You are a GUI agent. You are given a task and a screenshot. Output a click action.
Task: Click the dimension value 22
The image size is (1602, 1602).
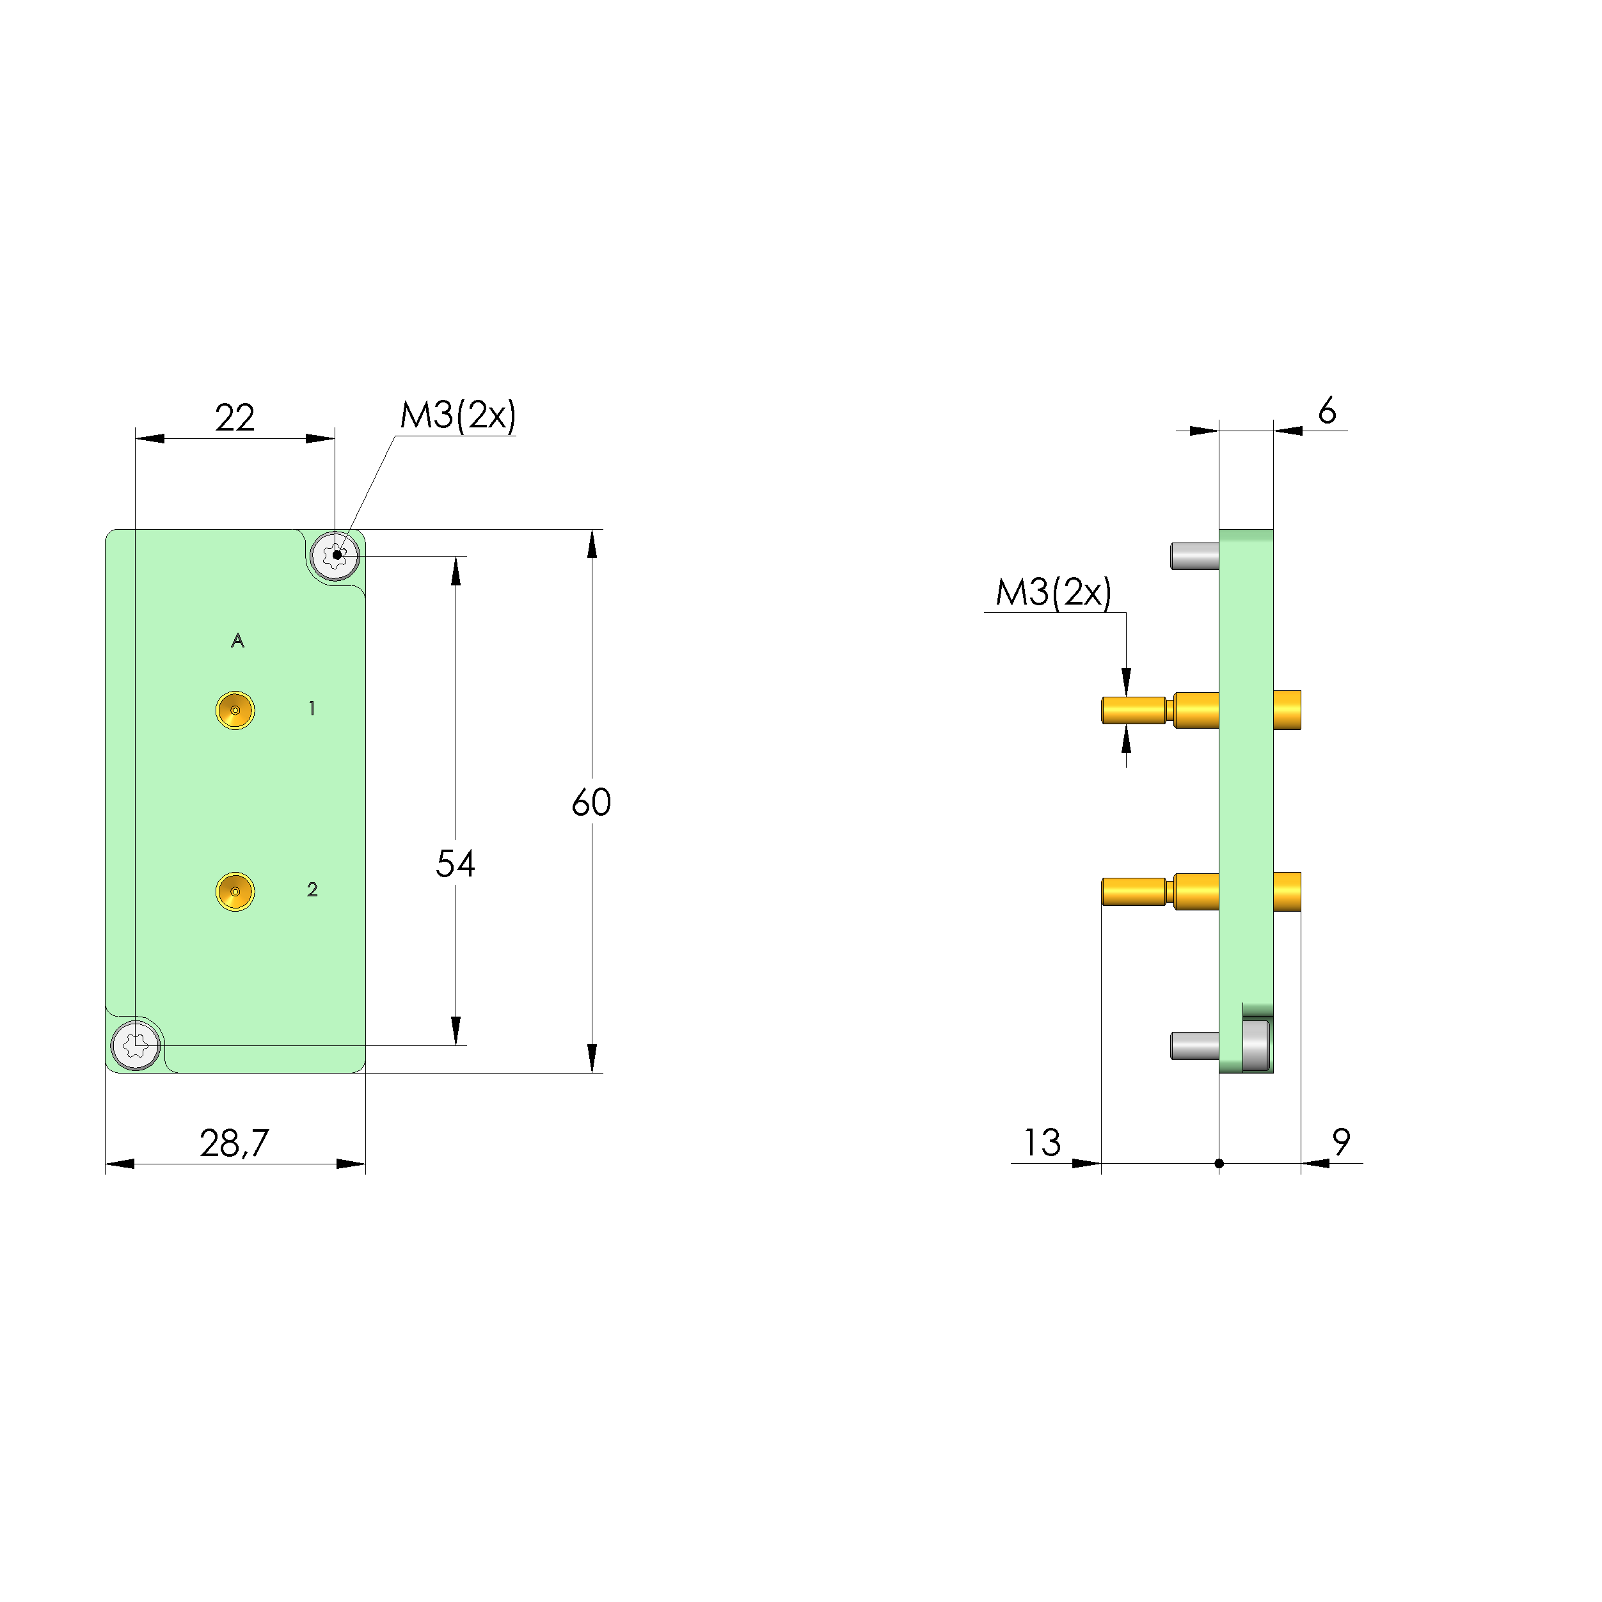pos(235,418)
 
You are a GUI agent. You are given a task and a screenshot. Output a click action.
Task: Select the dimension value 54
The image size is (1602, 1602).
pos(456,865)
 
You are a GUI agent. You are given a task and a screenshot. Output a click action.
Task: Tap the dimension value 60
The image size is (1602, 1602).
pos(591,803)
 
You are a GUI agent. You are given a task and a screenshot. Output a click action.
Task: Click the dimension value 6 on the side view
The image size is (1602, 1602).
pos(1327,411)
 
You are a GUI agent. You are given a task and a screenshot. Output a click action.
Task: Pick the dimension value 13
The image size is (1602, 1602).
pos(1042,1143)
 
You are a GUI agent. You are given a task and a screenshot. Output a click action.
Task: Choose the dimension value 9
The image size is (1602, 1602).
pos(1341,1143)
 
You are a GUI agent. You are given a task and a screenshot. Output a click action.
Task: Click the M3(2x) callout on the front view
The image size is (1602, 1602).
pos(457,415)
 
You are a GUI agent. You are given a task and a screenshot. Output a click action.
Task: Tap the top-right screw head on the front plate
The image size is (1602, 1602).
pos(335,555)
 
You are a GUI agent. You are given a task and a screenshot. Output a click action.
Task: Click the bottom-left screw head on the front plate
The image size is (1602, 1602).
pos(135,1045)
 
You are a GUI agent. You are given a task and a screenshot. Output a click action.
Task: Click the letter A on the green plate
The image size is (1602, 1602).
pos(238,641)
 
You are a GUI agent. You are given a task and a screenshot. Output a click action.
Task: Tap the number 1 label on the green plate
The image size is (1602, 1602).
pos(312,709)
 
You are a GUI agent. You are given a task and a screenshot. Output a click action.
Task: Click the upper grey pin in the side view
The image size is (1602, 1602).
pos(1194,555)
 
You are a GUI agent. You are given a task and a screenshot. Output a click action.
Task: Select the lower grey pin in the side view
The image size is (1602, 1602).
pos(1194,1045)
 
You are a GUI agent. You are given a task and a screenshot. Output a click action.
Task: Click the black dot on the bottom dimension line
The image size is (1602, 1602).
pos(1219,1163)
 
